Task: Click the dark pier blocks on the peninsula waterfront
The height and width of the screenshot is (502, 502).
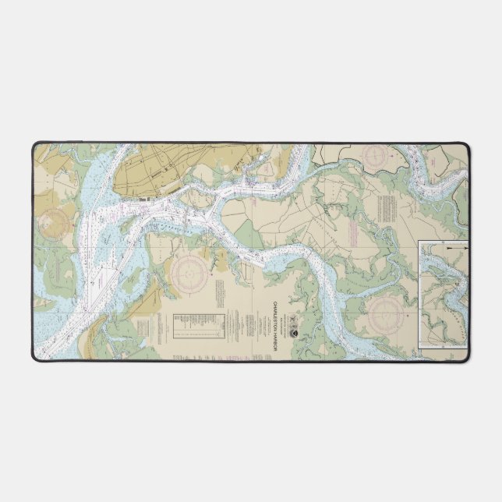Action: pyautogui.click(x=147, y=200)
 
